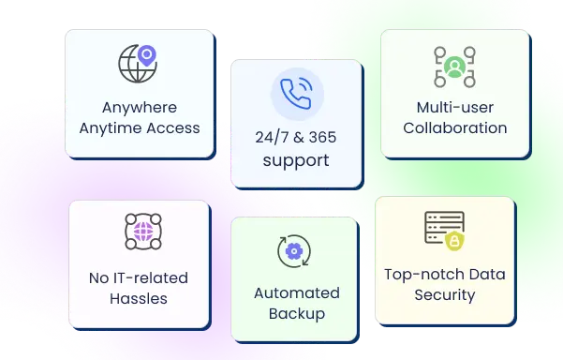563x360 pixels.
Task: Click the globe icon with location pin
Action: (136, 65)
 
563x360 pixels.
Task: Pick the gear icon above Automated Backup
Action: (294, 251)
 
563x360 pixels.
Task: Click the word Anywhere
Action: (138, 107)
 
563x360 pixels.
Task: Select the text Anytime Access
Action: (138, 127)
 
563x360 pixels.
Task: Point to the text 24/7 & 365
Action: (295, 138)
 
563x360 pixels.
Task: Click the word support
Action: (295, 160)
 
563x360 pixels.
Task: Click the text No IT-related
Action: (139, 278)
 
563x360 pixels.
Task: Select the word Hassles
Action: (139, 298)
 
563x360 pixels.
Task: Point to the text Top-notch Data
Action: (444, 275)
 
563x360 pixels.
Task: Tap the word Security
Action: (444, 294)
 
